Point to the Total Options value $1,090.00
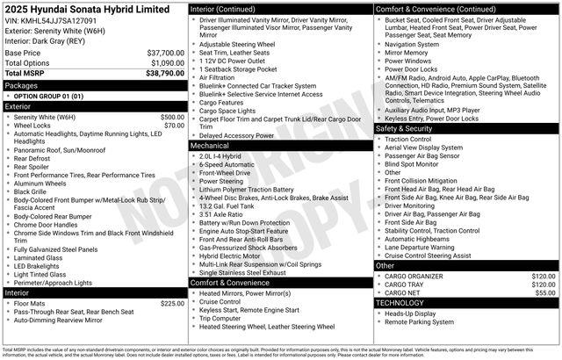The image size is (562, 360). point(167,63)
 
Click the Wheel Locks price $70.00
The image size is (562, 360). point(173,126)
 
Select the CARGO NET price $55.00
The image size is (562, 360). point(544,292)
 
